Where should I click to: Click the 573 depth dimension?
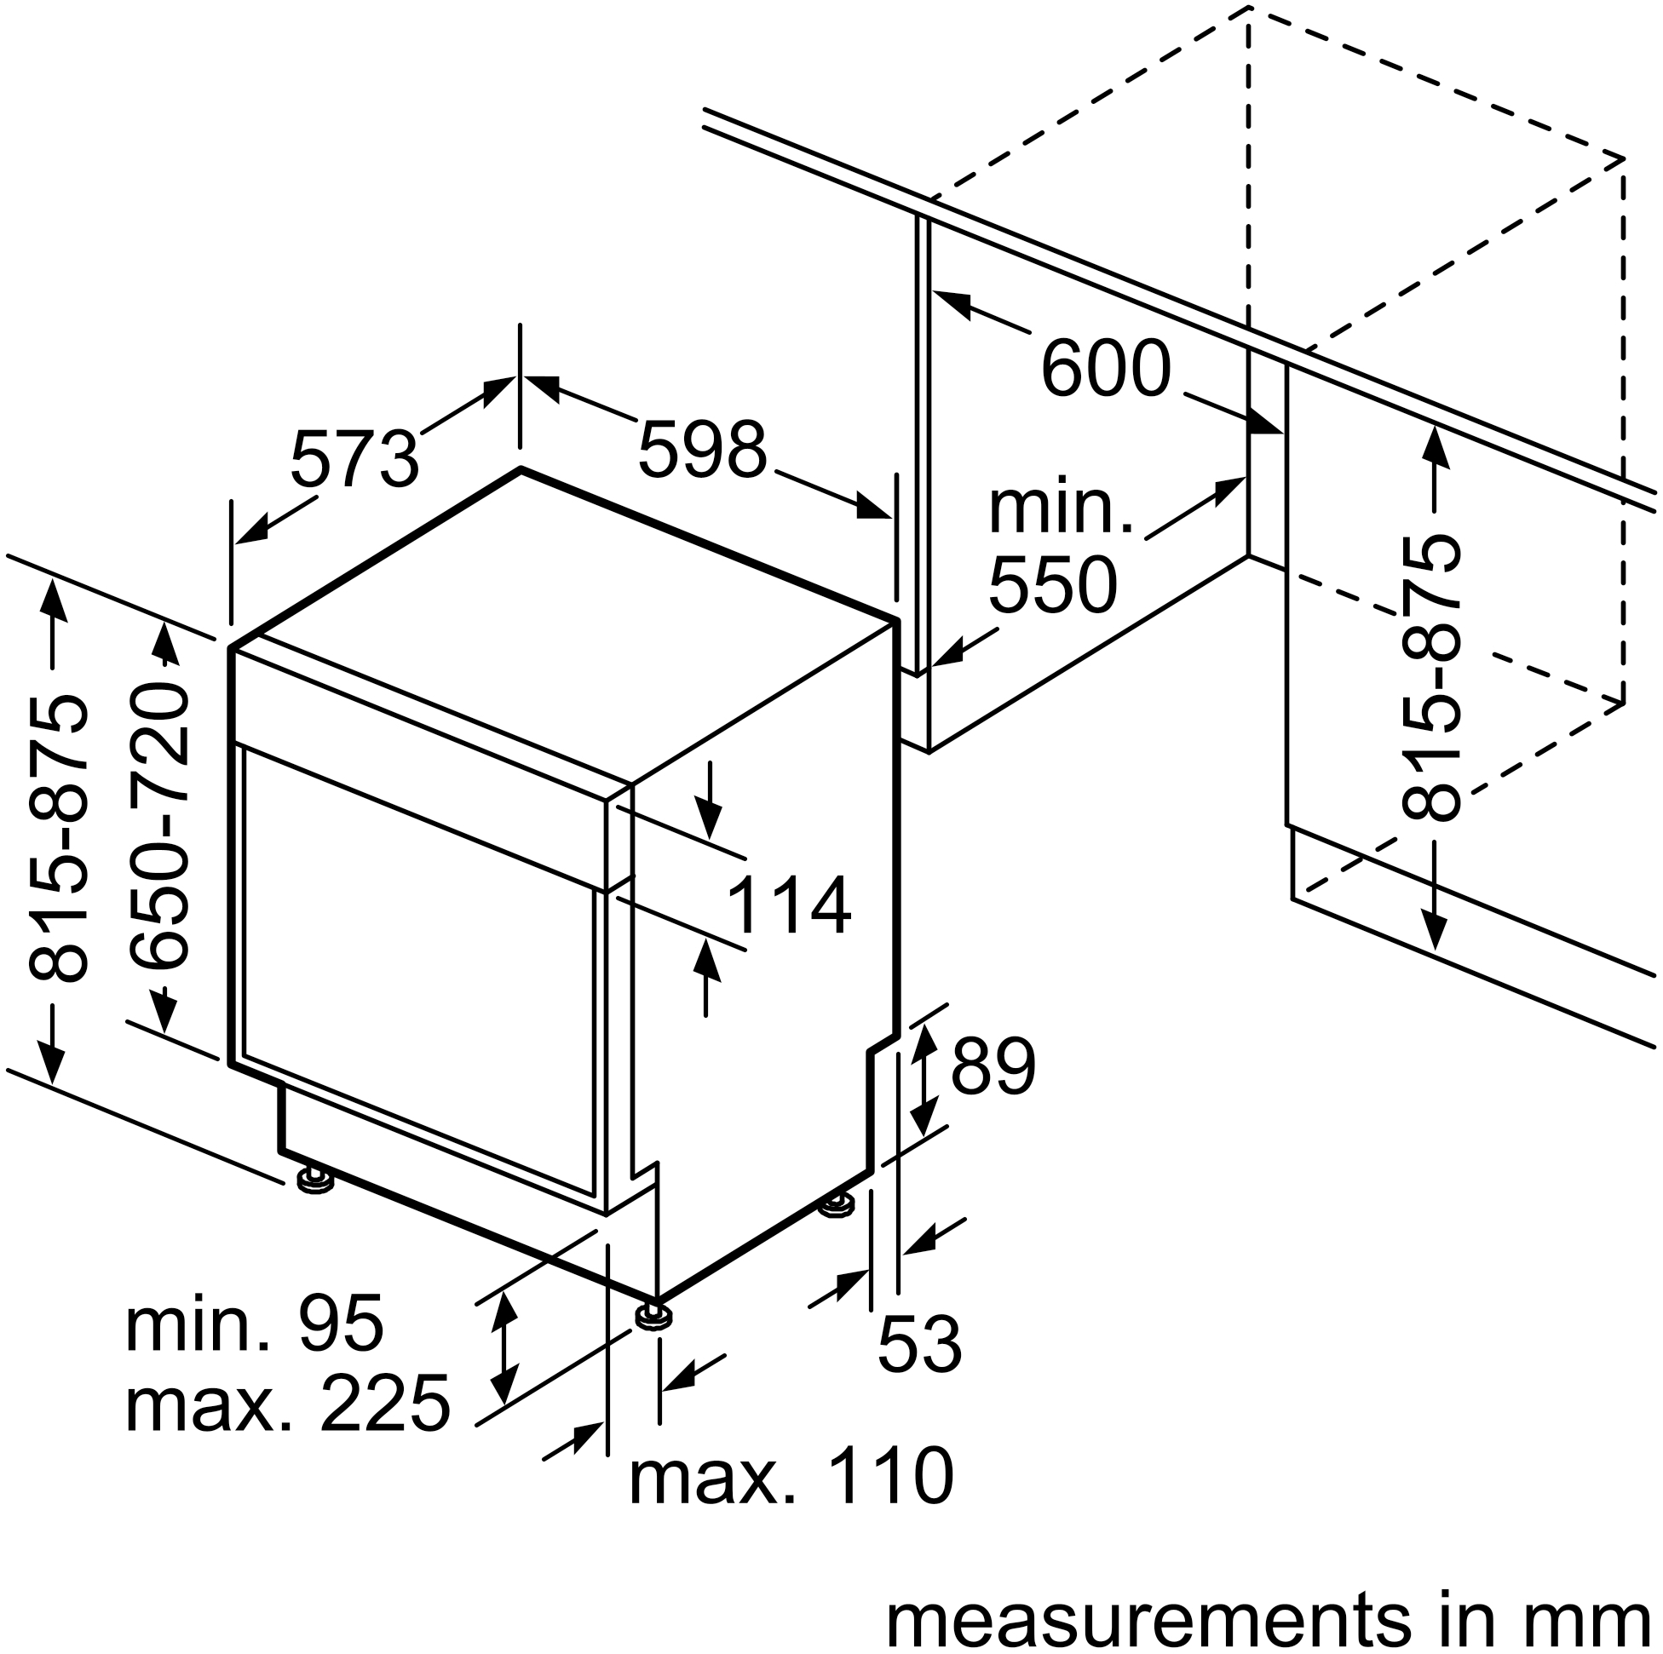354,460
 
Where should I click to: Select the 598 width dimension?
701,449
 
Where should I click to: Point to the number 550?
1053,584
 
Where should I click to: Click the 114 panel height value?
789,906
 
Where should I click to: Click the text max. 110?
791,1477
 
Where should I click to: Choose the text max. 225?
287,1404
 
